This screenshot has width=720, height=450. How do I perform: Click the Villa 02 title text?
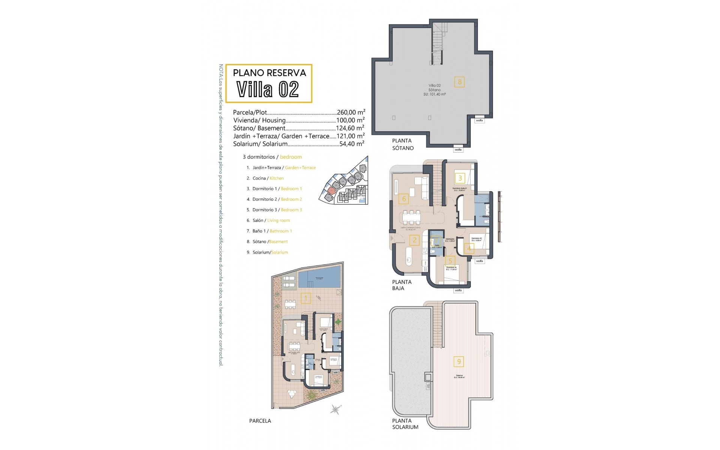(268, 89)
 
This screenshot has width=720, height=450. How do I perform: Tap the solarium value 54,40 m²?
(351, 144)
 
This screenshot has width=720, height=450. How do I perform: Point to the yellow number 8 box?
(459, 82)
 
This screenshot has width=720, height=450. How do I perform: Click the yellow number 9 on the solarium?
(459, 361)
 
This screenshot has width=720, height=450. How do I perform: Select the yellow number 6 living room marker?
(404, 199)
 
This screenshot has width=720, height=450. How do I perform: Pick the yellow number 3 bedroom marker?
(460, 178)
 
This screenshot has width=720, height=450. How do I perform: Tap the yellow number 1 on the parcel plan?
(306, 298)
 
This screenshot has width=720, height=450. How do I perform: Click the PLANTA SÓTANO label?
(403, 144)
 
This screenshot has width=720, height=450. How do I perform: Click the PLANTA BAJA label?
(402, 285)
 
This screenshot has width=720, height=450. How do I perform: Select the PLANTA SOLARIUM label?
(405, 424)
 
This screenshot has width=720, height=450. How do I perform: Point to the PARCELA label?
(260, 421)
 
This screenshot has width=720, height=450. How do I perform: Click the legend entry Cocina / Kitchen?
(268, 178)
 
